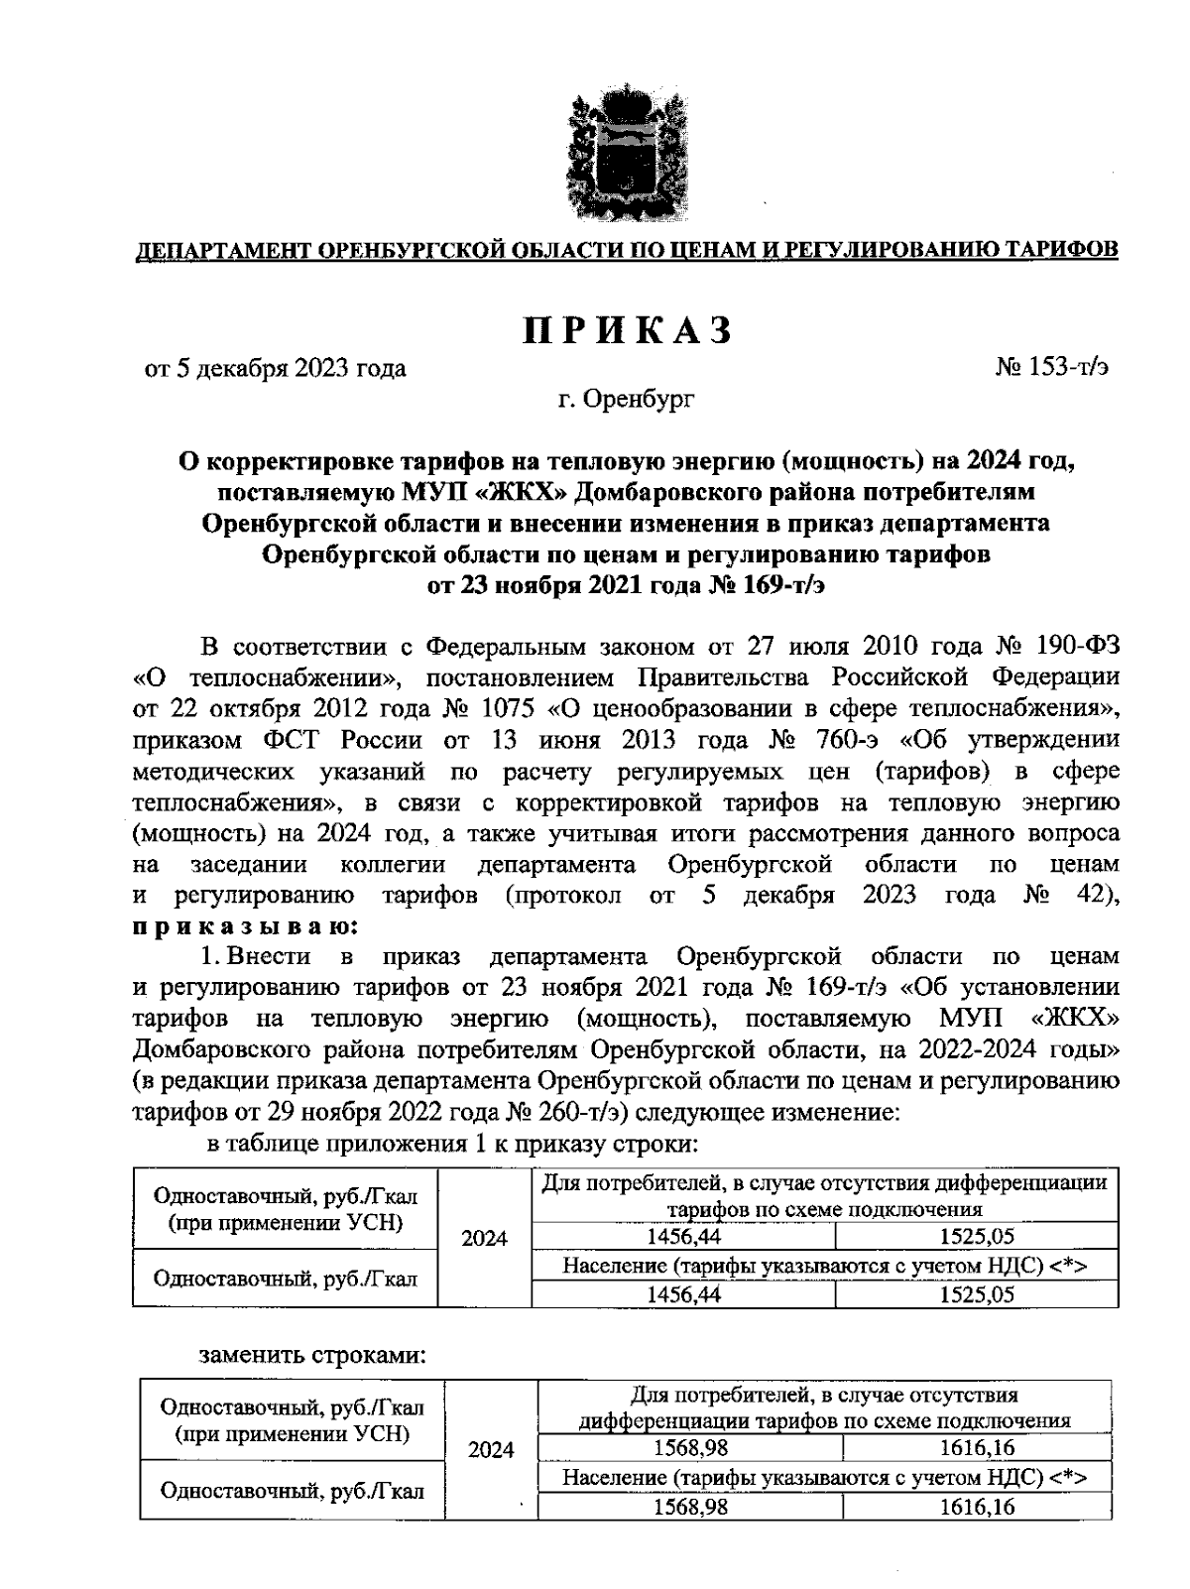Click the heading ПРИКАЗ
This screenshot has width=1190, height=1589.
[x=629, y=330]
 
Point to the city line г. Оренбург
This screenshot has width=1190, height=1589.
[x=626, y=400]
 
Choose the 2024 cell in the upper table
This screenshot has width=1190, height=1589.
[x=484, y=1238]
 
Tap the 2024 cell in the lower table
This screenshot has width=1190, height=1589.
[x=491, y=1450]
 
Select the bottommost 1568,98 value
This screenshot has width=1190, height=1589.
[x=689, y=1507]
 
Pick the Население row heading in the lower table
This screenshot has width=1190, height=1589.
[x=824, y=1477]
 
